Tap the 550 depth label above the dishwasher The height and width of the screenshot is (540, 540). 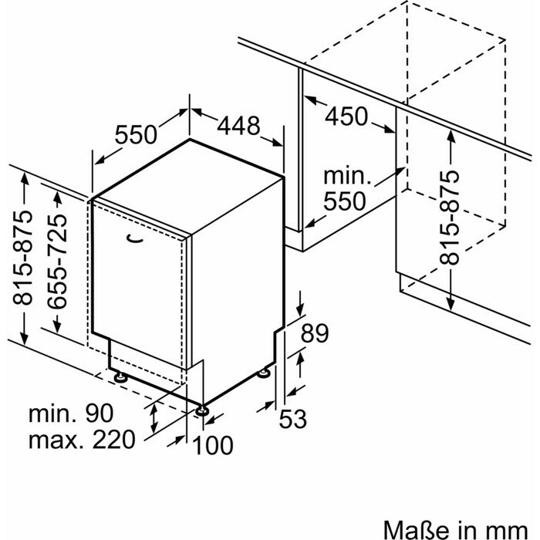[x=136, y=134]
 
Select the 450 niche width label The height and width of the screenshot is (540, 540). [x=346, y=117]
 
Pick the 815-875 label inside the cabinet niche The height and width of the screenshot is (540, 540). [x=450, y=217]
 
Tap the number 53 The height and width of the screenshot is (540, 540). [x=293, y=419]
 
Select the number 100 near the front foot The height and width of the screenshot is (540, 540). [x=213, y=446]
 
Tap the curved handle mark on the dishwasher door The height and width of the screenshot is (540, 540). [x=136, y=239]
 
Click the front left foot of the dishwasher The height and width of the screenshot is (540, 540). [x=121, y=377]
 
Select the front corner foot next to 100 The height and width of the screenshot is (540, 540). [x=202, y=410]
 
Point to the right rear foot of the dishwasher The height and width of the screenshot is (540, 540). [x=265, y=373]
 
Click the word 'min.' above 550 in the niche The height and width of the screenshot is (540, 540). [x=348, y=175]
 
